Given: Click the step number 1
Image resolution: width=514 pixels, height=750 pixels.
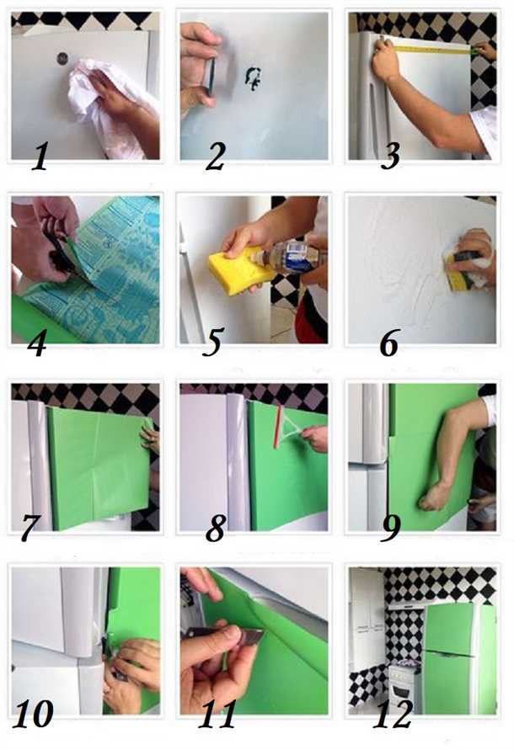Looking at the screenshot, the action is (x=40, y=157).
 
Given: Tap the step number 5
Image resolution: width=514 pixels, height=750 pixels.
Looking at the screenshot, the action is (x=212, y=342).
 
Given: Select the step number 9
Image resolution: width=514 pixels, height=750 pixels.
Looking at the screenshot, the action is (x=391, y=528).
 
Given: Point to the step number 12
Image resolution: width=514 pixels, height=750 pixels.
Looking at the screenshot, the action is (x=393, y=715).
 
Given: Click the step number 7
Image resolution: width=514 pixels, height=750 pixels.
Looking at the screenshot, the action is (x=29, y=528).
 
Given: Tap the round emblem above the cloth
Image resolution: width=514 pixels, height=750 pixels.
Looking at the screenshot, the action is (x=62, y=58).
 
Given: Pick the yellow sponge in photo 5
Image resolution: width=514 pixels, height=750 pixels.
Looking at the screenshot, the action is (x=234, y=270).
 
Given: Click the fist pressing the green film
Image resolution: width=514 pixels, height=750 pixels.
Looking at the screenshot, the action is (x=435, y=497).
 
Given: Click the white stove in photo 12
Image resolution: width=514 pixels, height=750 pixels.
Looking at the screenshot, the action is (x=406, y=689).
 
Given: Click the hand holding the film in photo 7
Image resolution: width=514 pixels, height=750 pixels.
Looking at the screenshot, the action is (x=150, y=437).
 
